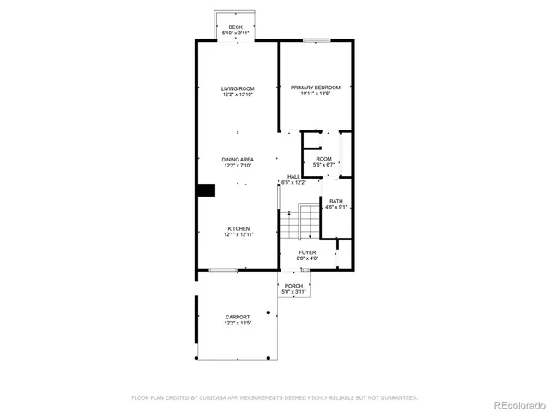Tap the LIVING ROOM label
pos(238,88)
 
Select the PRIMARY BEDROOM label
pos(315,88)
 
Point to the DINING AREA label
pos(238,159)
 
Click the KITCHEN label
pos(238,228)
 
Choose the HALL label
pos(293,177)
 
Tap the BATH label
pos(335,201)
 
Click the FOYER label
pos(307,252)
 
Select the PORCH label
pos(294,286)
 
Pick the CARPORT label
pos(238,317)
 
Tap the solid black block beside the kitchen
pos(206,191)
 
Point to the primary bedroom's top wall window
pos(317,39)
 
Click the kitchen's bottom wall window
pos(223,270)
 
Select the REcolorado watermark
pos(516,403)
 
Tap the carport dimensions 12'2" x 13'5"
pos(238,323)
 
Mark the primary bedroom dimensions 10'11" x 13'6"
pos(315,94)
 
